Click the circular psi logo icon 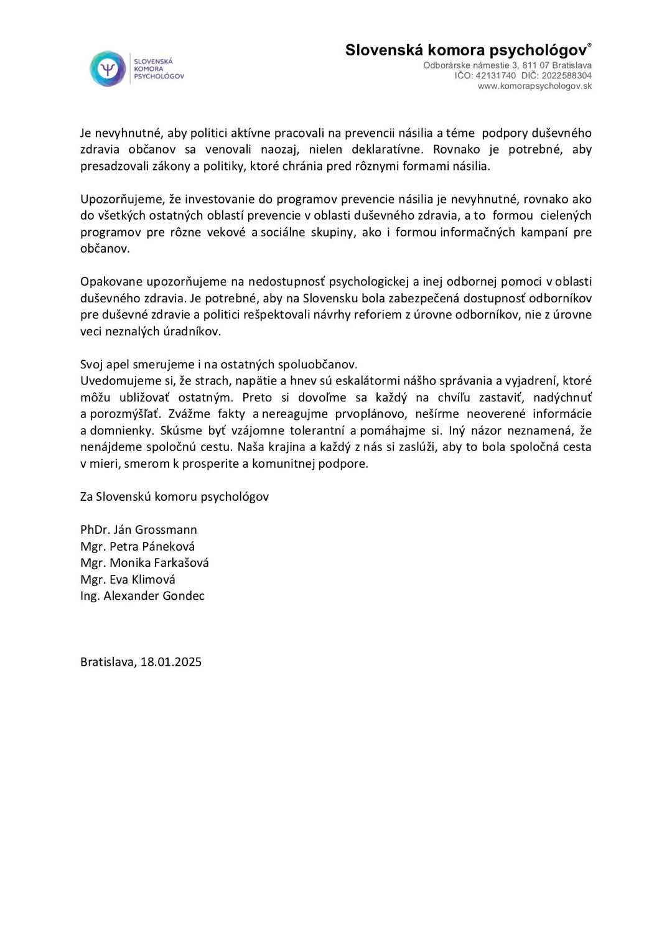(108, 68)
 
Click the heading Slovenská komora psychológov (466, 50)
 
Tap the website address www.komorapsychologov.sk (534, 86)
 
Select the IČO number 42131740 (495, 75)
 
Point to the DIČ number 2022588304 (566, 75)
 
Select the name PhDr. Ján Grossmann (139, 529)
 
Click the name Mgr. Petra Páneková (138, 546)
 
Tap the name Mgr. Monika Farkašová (144, 562)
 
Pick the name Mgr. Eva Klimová (128, 579)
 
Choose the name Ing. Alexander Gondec (142, 595)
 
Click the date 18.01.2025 (171, 661)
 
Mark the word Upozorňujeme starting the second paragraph (122, 199)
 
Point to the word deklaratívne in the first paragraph (387, 149)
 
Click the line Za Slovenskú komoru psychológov (175, 496)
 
